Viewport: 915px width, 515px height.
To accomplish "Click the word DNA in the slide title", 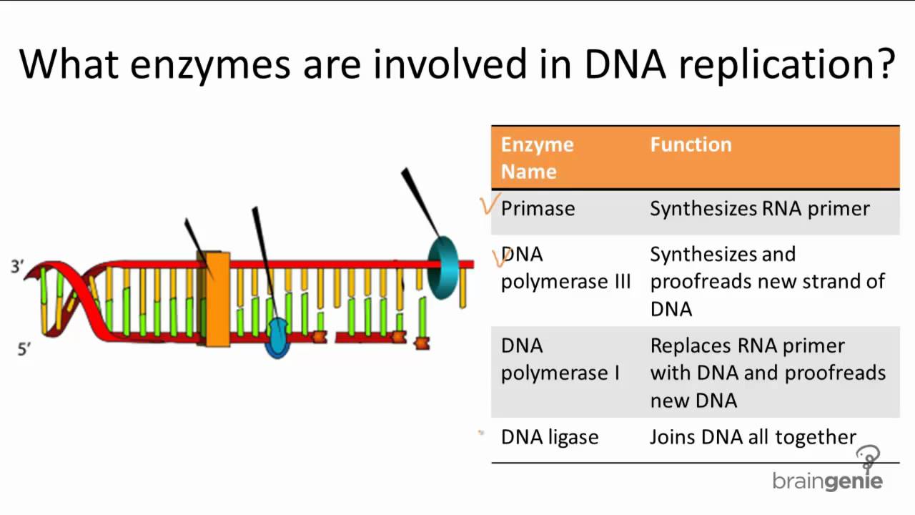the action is click(x=625, y=64).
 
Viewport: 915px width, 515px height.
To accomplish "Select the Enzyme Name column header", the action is click(x=537, y=158).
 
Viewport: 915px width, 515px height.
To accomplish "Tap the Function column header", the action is click(x=691, y=144).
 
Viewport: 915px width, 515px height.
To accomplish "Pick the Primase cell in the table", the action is click(x=538, y=208).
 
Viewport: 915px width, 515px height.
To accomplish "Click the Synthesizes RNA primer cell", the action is click(x=760, y=209).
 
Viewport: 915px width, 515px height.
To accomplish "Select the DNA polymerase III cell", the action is click(x=565, y=268).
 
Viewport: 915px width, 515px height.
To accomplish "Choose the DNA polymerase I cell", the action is click(x=560, y=360).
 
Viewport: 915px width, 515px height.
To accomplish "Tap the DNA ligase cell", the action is click(x=550, y=437).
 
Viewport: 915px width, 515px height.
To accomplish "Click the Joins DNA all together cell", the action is click(x=753, y=437).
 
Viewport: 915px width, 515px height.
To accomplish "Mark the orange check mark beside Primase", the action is click(x=490, y=204).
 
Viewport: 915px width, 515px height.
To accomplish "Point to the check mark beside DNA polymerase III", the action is click(x=500, y=257).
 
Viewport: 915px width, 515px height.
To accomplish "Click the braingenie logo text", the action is click(x=828, y=481).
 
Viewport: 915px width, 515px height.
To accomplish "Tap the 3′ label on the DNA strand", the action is click(x=17, y=267).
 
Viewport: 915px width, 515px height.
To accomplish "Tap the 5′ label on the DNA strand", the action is click(x=24, y=350).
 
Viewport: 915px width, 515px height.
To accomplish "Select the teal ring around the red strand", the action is click(x=443, y=268).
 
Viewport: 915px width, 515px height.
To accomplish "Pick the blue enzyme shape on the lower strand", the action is click(x=278, y=338).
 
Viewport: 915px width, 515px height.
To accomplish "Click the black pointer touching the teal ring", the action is click(x=421, y=202).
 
